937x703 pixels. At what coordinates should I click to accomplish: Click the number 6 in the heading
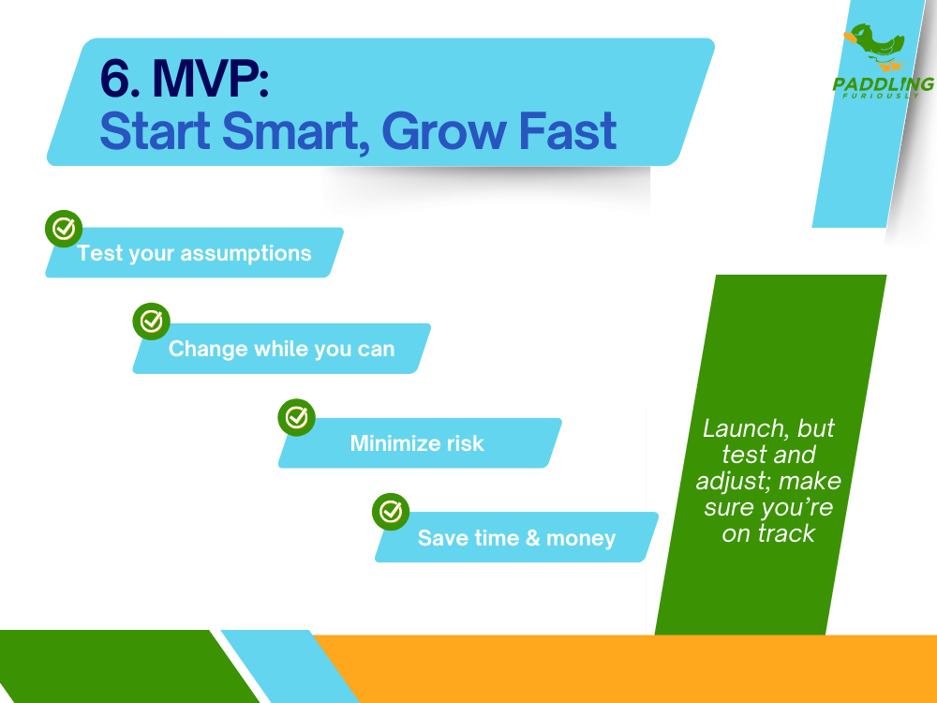pos(117,81)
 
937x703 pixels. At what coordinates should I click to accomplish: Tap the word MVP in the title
pos(211,81)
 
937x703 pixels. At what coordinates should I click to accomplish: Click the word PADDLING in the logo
pos(883,84)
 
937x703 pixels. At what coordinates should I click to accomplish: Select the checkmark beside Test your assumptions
pos(64,228)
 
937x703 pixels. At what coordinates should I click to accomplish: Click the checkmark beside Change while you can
pos(151,322)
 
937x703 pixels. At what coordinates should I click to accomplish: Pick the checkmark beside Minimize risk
pos(297,417)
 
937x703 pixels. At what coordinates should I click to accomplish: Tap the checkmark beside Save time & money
pos(391,512)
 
